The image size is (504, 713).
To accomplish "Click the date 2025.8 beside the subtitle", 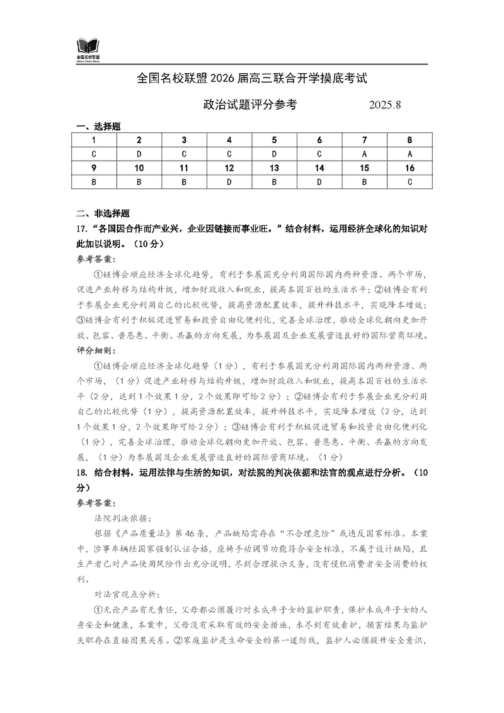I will pyautogui.click(x=384, y=105).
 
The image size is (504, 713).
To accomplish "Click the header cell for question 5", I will pyautogui.click(x=274, y=140).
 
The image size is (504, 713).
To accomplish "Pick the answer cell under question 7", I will pyautogui.click(x=364, y=154).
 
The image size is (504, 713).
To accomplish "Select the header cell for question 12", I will pyautogui.click(x=229, y=168).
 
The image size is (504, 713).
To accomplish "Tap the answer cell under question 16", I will pyautogui.click(x=409, y=182).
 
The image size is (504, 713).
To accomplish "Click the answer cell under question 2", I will pyautogui.click(x=139, y=154).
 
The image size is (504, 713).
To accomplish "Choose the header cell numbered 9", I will pyautogui.click(x=94, y=168).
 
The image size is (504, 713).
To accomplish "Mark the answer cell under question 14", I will pyautogui.click(x=319, y=182).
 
